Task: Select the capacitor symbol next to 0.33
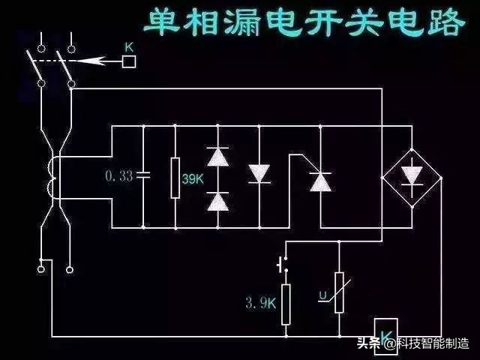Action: click(142, 175)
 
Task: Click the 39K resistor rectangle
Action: click(175, 178)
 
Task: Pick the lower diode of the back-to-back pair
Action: click(217, 200)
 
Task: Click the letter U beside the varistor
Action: click(322, 297)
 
